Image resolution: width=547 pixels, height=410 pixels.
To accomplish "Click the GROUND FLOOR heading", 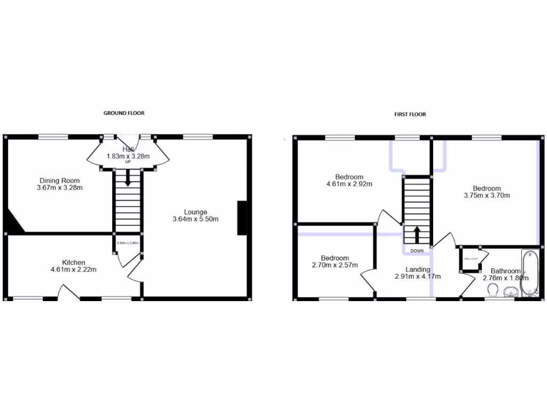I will coord(124,113).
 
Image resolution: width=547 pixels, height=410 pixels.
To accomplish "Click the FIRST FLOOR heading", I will coord(410,114).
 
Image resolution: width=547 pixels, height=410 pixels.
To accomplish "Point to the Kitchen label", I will coord(74,262).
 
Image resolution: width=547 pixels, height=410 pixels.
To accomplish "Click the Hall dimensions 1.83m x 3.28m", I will coord(128,156).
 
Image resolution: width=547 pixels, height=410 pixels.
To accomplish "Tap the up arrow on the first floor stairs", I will coord(417,234).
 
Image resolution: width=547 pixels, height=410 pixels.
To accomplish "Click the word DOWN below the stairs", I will coord(417,250).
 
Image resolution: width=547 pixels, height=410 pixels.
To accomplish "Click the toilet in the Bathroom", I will coord(494,290).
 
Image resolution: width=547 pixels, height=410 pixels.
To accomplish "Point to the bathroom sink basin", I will coord(511,291).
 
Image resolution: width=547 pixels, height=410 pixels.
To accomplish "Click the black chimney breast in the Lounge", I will coord(242,218).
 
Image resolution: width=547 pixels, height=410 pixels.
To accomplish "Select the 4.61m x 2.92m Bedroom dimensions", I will coord(349,184).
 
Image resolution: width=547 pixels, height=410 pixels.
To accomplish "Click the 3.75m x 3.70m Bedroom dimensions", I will coord(487,195).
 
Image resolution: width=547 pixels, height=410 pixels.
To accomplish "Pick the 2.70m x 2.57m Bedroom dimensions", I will coord(335,265).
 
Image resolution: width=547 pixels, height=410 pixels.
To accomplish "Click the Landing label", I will coord(418,270).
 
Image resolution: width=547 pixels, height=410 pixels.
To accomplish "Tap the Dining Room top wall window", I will coord(53,137).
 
